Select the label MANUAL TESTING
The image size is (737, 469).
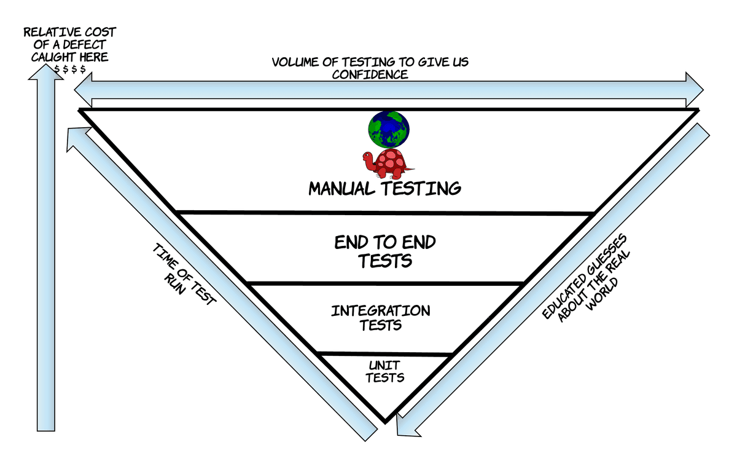tap(384, 188)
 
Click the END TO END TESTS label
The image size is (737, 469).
tap(385, 251)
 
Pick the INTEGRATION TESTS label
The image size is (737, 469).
tap(381, 317)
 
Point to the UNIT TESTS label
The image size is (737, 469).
tap(385, 372)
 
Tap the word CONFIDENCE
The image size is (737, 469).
tap(370, 74)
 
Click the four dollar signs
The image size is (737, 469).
tap(69, 68)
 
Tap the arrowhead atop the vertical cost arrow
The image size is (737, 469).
tap(45, 71)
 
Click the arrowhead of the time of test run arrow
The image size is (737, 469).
tap(76, 138)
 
